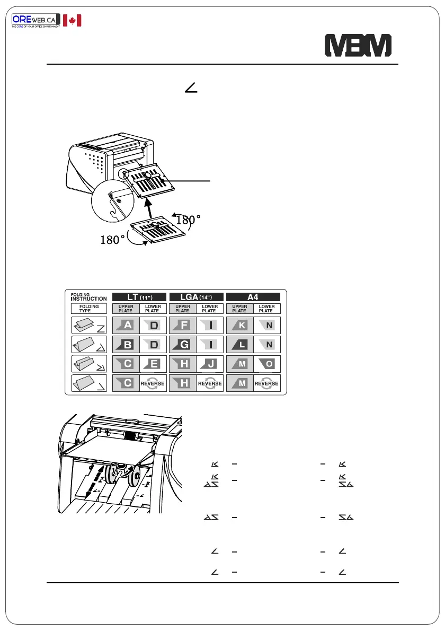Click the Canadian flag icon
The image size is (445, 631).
coord(72,21)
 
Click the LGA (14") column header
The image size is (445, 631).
coord(195,297)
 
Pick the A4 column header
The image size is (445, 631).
coord(253,297)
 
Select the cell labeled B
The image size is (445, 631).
coord(126,345)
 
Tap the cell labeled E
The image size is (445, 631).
coord(153,364)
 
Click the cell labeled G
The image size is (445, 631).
coord(182,345)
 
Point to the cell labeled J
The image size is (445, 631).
coord(210,364)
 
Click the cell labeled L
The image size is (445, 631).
coord(239,345)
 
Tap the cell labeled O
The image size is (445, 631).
coord(267,364)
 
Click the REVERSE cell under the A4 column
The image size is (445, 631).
coord(267,384)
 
